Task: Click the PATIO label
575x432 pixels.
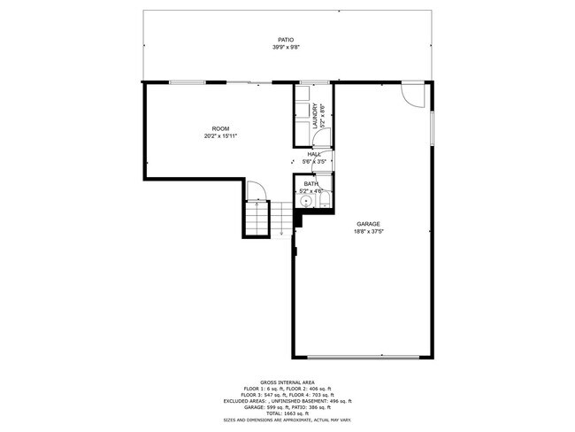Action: [285, 40]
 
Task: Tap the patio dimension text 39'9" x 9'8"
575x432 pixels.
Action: [285, 48]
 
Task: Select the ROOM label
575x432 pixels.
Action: [220, 128]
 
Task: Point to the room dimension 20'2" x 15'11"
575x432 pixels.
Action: [220, 136]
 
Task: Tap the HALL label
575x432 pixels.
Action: [314, 154]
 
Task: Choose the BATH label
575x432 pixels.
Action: [311, 183]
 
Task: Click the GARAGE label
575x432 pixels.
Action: [369, 223]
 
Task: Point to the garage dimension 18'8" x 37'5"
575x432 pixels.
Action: [369, 231]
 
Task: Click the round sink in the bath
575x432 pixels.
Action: [306, 201]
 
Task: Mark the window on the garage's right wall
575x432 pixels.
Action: [432, 127]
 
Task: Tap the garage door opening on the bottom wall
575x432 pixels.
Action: [364, 357]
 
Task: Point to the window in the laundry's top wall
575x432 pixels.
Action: [313, 82]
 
